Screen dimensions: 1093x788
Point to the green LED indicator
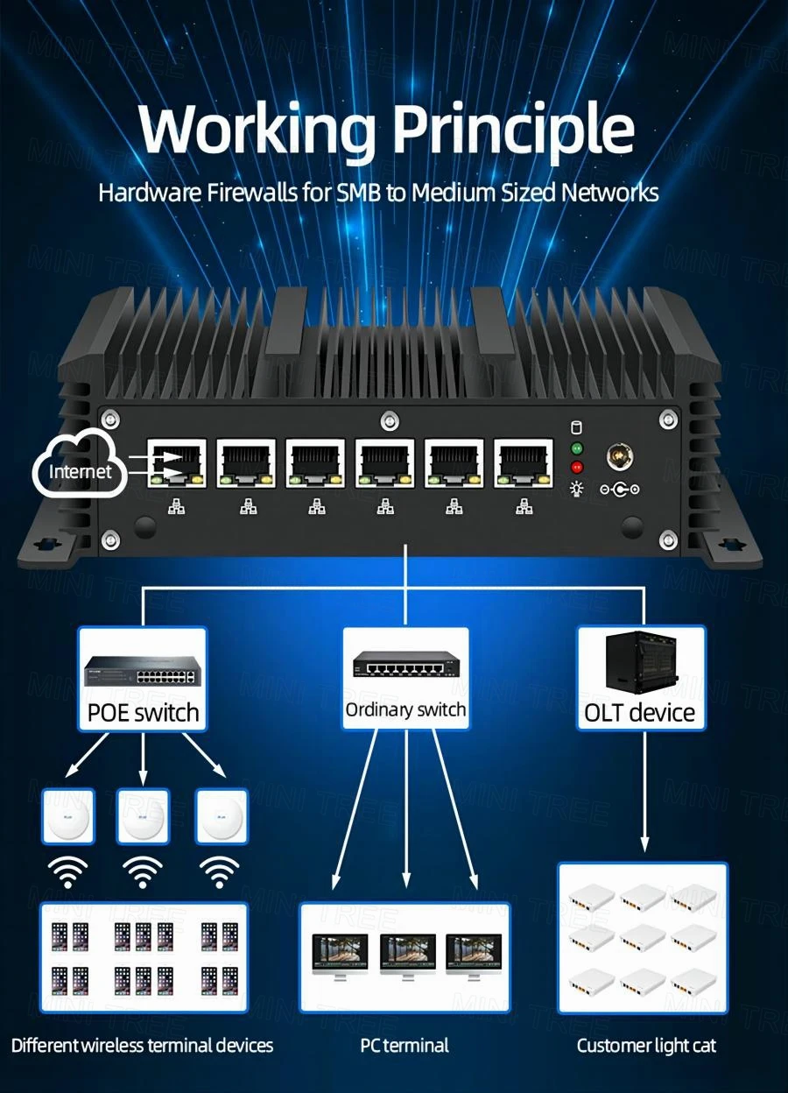tap(576, 448)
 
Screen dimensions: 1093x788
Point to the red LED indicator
tap(576, 467)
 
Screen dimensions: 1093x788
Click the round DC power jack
tap(619, 458)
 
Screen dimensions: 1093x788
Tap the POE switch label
tap(143, 712)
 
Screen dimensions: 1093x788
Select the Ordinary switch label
tap(405, 709)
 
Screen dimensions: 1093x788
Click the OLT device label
tap(639, 712)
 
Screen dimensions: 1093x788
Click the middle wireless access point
tap(143, 815)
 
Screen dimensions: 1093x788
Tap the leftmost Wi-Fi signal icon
tap(67, 872)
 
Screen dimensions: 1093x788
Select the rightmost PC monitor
tap(474, 957)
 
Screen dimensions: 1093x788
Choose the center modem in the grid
tap(643, 939)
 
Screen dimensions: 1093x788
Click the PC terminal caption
tap(405, 1045)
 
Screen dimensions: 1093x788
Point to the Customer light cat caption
tap(646, 1045)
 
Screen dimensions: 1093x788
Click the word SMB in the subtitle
tap(359, 193)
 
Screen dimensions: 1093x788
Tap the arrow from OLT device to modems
tap(645, 788)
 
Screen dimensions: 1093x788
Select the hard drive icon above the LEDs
tap(576, 428)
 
